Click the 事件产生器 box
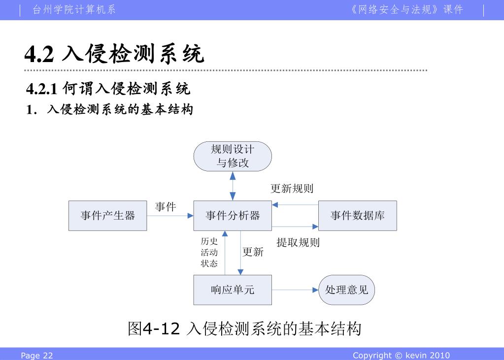pyautogui.click(x=107, y=216)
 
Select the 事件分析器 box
pyautogui.click(x=233, y=216)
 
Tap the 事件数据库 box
pyautogui.click(x=357, y=216)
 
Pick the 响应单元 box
pyautogui.click(x=233, y=290)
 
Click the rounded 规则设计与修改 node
pyautogui.click(x=233, y=156)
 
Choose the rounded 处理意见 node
pyautogui.click(x=347, y=290)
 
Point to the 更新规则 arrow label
pyautogui.click(x=292, y=189)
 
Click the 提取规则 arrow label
pyautogui.click(x=298, y=242)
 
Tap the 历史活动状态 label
pyautogui.click(x=209, y=253)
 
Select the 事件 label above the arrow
pyautogui.click(x=166, y=207)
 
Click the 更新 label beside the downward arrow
pyautogui.click(x=253, y=252)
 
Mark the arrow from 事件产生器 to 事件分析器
pyautogui.click(x=170, y=216)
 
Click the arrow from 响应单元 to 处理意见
pyautogui.click(x=295, y=290)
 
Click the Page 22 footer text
pyautogui.click(x=36, y=356)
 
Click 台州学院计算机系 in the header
pyautogui.click(x=74, y=10)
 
